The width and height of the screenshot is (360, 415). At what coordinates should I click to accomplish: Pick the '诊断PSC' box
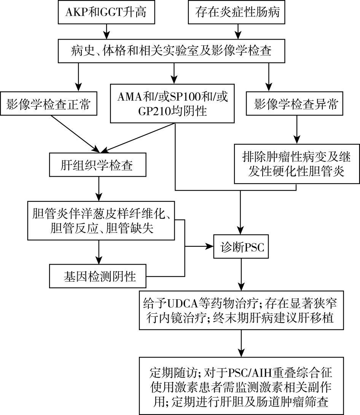pos(241,247)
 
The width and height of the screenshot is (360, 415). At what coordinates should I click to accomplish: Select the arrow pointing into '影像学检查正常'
pos(78,78)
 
